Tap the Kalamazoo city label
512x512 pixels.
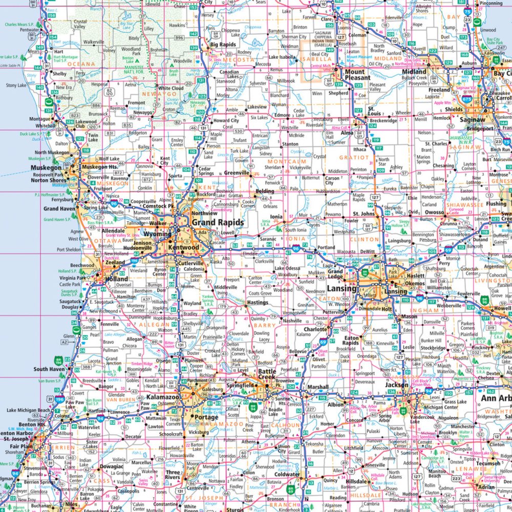pyautogui.click(x=162, y=397)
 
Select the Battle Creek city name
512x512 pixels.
pyautogui.click(x=267, y=374)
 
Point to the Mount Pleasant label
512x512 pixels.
pyautogui.click(x=355, y=75)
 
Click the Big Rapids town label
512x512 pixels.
pyautogui.click(x=222, y=45)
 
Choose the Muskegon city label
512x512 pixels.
pyautogui.click(x=46, y=167)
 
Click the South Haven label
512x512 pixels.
pyautogui.click(x=49, y=369)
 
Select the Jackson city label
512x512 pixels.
pyautogui.click(x=397, y=385)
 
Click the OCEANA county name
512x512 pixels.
pyautogui.click(x=82, y=64)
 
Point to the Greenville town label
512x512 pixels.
pyautogui.click(x=236, y=173)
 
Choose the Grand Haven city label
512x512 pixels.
pyautogui.click(x=59, y=209)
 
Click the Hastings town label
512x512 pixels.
pyautogui.click(x=258, y=303)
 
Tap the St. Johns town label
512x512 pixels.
pyautogui.click(x=364, y=214)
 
